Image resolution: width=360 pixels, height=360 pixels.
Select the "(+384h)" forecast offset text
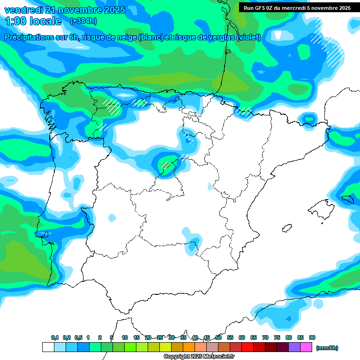pyautogui.click(x=83, y=21)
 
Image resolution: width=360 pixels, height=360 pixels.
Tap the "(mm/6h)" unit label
pyautogui.click(x=327, y=348)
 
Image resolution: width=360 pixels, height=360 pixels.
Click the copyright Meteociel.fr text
pyautogui.click(x=199, y=357)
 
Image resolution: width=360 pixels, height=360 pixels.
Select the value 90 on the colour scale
pyautogui.click(x=312, y=337)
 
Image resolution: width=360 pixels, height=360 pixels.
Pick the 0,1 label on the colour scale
pyautogui.click(x=55, y=337)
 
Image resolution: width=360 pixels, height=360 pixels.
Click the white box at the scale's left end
pyautogui.click(x=48, y=347)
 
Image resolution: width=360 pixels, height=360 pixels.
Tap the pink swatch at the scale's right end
pyautogui.click(x=306, y=347)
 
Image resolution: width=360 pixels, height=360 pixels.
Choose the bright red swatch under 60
pyautogui.click(x=247, y=347)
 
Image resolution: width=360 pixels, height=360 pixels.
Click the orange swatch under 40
pyautogui.click(x=189, y=347)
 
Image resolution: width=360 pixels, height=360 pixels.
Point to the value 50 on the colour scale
pyautogui.click(x=218, y=337)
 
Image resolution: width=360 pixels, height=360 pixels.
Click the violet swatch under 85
pyautogui.click(x=294, y=347)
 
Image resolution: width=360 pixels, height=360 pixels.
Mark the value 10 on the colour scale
pyautogui.click(x=125, y=337)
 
